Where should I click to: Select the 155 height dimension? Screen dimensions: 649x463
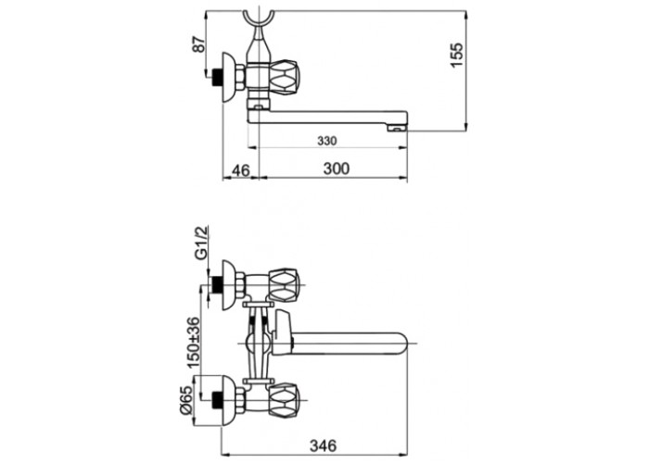click(457, 55)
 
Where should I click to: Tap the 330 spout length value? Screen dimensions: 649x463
click(327, 141)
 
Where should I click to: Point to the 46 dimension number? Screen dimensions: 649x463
click(240, 169)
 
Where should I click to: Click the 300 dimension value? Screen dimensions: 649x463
click(336, 169)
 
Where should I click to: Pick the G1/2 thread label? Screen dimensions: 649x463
click(201, 244)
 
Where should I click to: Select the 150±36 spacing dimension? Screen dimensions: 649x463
click(193, 343)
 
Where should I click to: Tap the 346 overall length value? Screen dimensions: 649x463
click(324, 445)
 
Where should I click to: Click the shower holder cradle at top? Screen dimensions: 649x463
click(258, 23)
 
